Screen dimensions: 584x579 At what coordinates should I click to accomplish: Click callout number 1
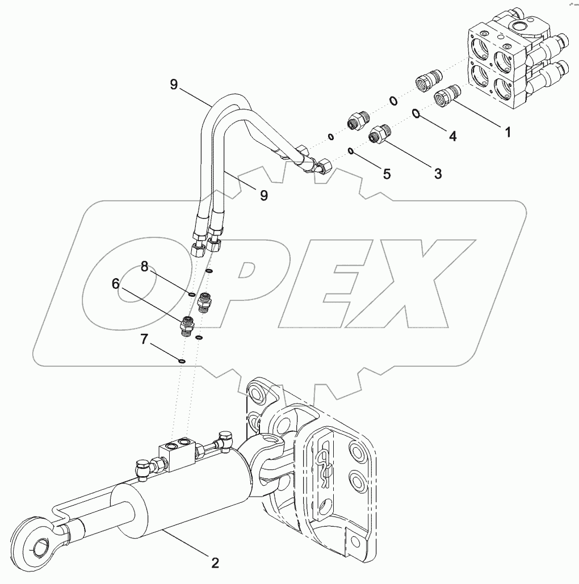(x=507, y=132)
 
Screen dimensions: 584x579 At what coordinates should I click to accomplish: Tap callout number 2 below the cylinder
(x=215, y=563)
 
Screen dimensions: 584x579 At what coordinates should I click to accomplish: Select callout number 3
(x=438, y=173)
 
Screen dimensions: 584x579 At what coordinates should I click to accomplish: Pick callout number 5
(x=387, y=174)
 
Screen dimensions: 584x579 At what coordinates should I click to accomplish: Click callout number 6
(x=116, y=284)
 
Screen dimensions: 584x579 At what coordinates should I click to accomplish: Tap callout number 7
(x=145, y=340)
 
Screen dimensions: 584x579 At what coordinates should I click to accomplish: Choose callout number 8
(x=145, y=266)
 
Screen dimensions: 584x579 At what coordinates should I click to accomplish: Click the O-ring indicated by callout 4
(x=416, y=114)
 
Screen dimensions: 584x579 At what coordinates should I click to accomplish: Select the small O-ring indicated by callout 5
(x=351, y=151)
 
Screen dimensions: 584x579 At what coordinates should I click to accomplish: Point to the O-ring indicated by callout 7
(x=181, y=360)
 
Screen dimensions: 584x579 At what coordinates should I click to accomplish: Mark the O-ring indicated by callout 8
(x=192, y=294)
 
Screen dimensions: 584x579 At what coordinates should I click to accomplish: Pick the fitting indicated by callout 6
(x=187, y=325)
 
